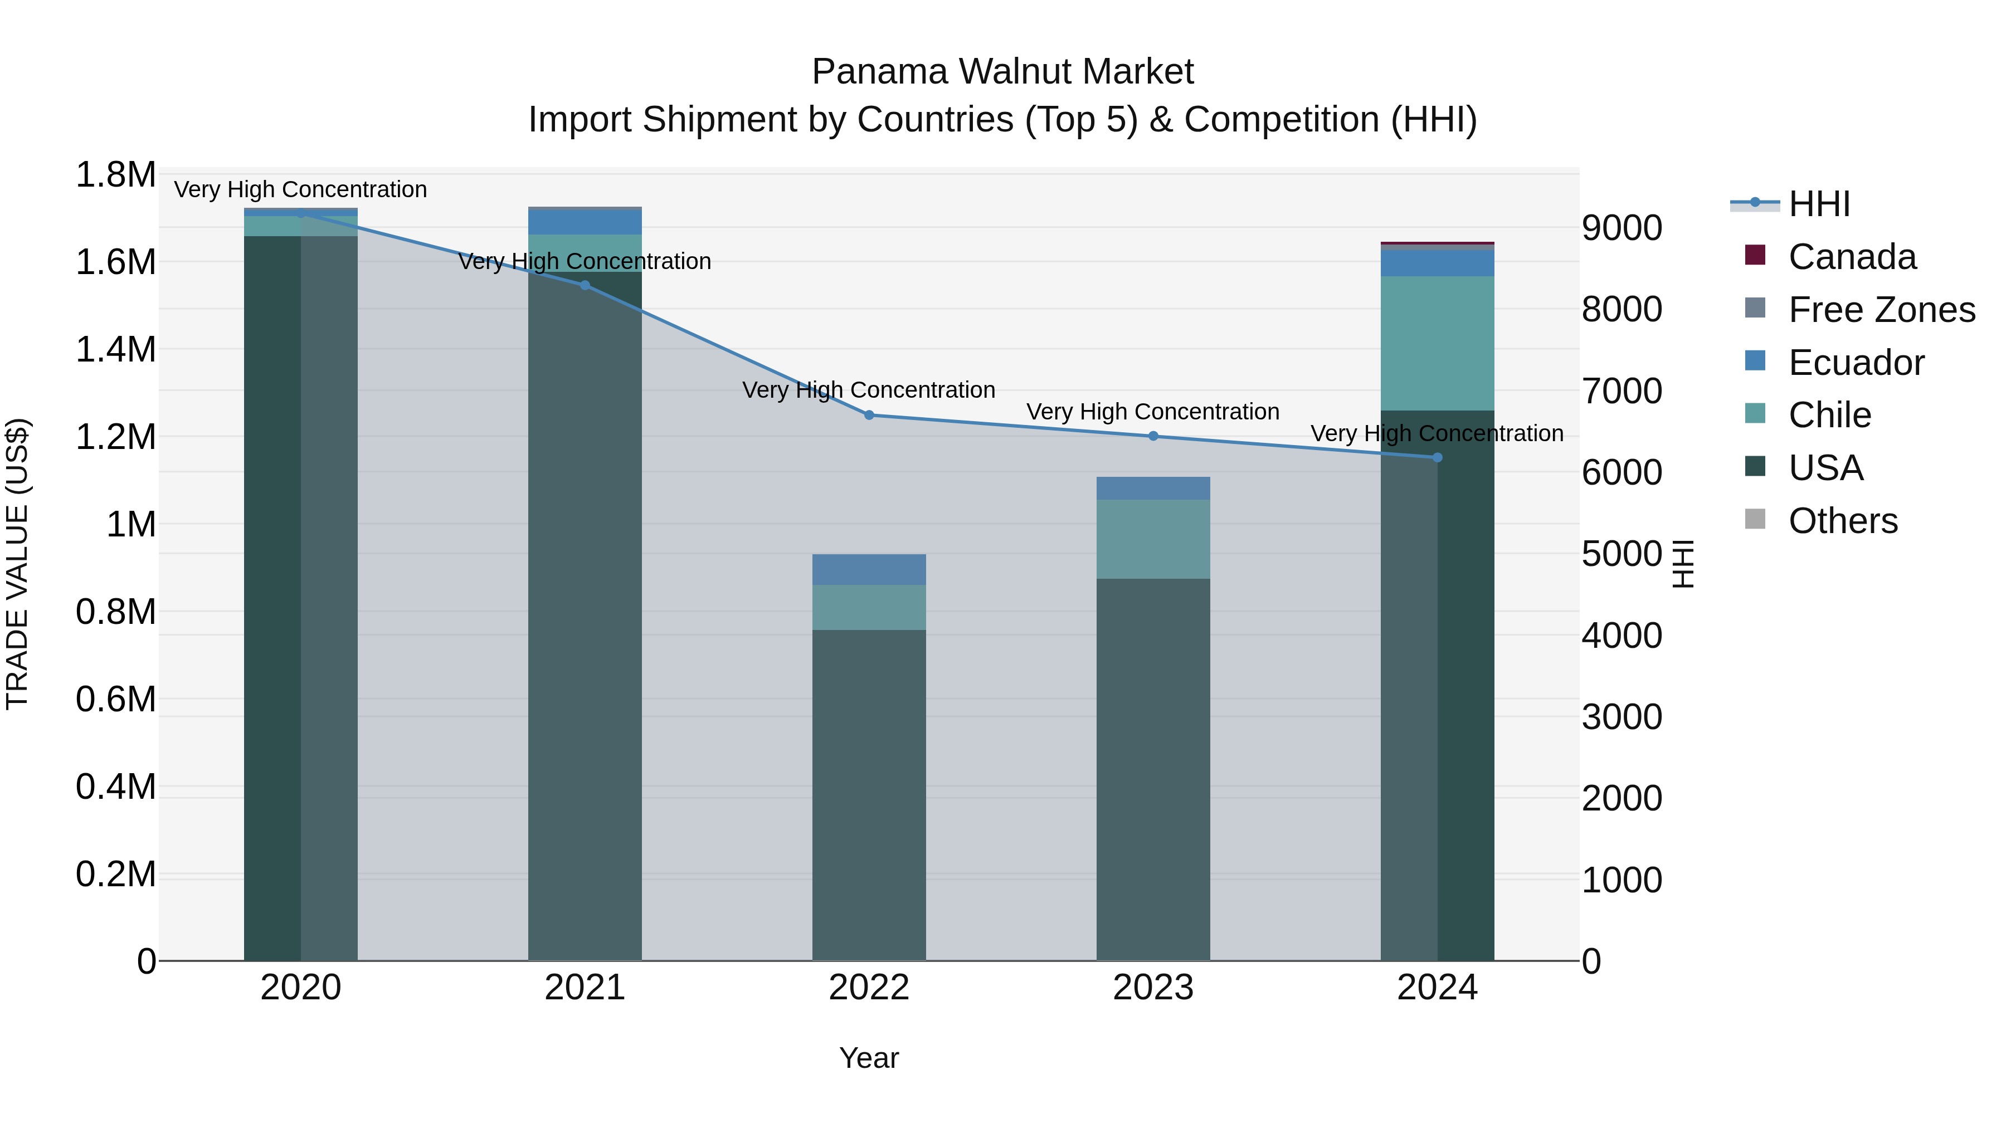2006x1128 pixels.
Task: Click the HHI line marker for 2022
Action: pyautogui.click(x=869, y=415)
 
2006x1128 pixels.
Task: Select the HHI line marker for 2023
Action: pyautogui.click(x=1153, y=436)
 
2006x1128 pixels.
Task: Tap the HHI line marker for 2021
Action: pyautogui.click(x=585, y=285)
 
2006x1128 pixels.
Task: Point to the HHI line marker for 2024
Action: pyautogui.click(x=1438, y=458)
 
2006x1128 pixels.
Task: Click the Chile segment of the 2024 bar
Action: pyautogui.click(x=1438, y=343)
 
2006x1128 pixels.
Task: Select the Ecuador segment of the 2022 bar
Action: pyautogui.click(x=869, y=569)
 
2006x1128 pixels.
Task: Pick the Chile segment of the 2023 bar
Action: pyautogui.click(x=1153, y=539)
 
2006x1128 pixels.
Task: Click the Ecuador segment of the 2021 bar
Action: pyautogui.click(x=585, y=222)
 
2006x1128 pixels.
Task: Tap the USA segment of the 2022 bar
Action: pyautogui.click(x=869, y=794)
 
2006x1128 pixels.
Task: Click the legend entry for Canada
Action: pyautogui.click(x=1851, y=257)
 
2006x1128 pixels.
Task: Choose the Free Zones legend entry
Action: pyautogui.click(x=1881, y=310)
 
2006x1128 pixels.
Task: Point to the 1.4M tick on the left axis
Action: pyautogui.click(x=115, y=349)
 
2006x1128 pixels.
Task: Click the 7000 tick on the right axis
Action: pyautogui.click(x=1622, y=391)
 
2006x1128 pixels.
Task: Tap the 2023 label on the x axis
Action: pyautogui.click(x=1153, y=988)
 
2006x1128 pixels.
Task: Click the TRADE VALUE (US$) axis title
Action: pyautogui.click(x=18, y=564)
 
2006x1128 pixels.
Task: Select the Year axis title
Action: pyautogui.click(x=869, y=1058)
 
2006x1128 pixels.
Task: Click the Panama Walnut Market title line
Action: pyautogui.click(x=1002, y=72)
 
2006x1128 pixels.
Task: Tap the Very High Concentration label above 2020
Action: pyautogui.click(x=300, y=189)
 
